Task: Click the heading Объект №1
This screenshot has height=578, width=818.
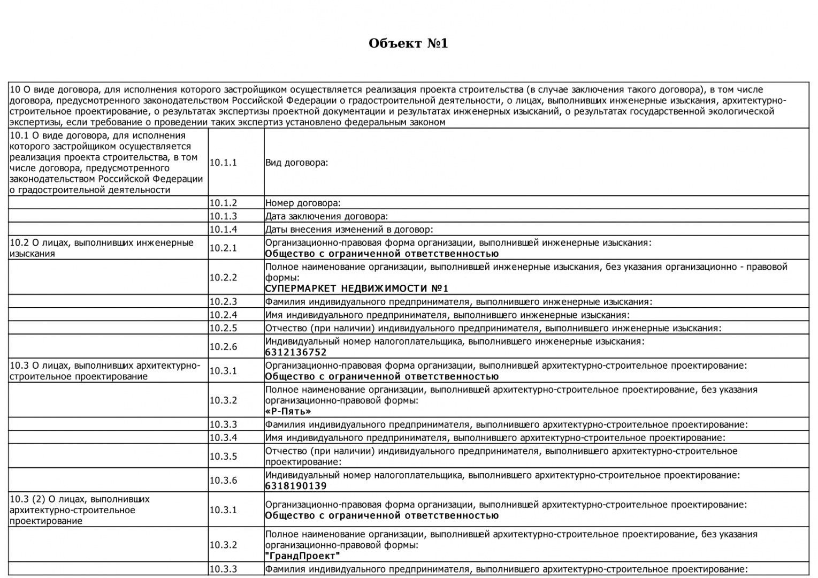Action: tap(408, 43)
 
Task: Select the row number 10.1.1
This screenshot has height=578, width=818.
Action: tap(223, 163)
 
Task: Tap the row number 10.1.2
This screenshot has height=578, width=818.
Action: tap(223, 203)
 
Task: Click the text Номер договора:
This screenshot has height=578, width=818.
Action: tap(303, 203)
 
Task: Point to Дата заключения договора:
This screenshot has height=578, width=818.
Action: tap(326, 216)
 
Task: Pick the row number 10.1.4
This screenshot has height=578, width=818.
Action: tap(223, 230)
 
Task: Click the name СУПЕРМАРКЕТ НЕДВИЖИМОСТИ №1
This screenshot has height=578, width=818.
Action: tap(356, 288)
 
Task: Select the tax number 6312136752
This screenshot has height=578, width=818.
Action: tap(296, 352)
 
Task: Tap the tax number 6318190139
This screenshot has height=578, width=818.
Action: tap(296, 486)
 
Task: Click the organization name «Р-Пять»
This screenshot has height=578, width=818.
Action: tap(288, 412)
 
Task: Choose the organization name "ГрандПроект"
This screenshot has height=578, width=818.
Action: tap(302, 556)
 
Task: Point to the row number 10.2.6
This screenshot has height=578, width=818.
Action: tap(223, 347)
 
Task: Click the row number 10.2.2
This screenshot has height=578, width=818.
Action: tap(223, 277)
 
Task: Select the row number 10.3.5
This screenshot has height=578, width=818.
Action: tap(223, 457)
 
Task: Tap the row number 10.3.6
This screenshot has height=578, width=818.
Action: tap(223, 481)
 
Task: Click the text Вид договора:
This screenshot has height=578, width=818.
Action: tap(296, 163)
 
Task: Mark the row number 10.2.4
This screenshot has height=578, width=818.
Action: tap(223, 315)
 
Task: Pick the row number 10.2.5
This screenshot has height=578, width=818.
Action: tap(223, 328)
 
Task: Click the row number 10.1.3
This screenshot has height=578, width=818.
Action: tap(223, 216)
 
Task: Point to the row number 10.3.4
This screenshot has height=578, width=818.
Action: tap(223, 438)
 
